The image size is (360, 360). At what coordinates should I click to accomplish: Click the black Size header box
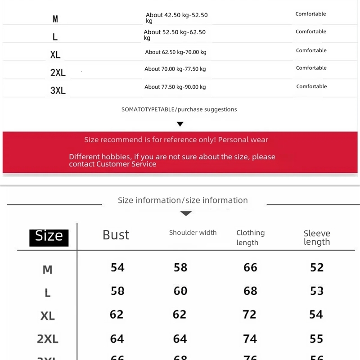click(x=49, y=237)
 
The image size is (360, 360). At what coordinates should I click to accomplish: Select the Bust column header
click(x=116, y=235)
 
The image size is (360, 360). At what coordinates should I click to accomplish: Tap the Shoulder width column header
click(x=193, y=233)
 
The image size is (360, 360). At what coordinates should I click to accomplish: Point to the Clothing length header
click(x=251, y=238)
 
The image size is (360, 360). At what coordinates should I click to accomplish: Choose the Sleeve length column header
click(x=317, y=238)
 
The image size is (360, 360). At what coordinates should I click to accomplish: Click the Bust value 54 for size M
click(x=117, y=267)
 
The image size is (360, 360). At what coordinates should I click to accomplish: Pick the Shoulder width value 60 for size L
click(x=180, y=291)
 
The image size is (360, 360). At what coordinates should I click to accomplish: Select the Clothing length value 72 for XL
click(x=250, y=314)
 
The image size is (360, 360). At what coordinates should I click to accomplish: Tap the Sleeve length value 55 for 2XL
click(x=316, y=338)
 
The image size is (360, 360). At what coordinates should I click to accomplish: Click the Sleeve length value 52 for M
click(x=317, y=267)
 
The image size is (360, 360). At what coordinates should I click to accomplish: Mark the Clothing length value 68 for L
click(x=250, y=291)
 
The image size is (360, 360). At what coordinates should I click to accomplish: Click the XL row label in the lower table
click(x=48, y=315)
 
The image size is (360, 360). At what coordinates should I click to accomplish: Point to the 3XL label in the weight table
click(x=58, y=90)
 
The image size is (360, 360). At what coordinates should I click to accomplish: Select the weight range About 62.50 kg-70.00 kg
click(x=175, y=52)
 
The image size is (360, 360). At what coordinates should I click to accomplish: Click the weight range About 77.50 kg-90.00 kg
click(x=175, y=87)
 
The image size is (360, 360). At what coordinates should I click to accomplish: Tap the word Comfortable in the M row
click(x=310, y=14)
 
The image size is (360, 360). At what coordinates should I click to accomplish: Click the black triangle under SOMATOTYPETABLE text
click(x=180, y=124)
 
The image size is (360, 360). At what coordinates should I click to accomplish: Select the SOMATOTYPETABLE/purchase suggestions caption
click(x=179, y=109)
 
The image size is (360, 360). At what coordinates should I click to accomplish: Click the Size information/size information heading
click(x=183, y=200)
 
